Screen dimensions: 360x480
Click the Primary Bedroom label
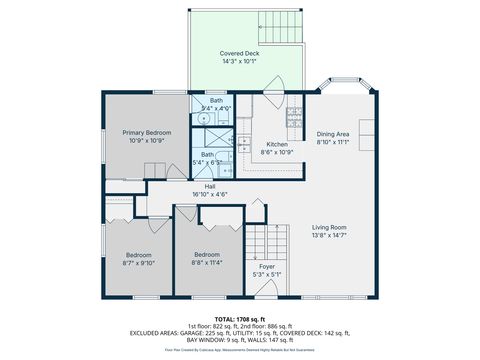coord(147,132)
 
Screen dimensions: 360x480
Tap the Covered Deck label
coord(239,53)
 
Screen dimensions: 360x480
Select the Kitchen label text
coord(276,144)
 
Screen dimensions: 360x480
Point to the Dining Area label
coord(332,134)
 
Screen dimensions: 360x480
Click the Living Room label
coord(329,226)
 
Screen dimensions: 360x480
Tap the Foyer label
coord(266,267)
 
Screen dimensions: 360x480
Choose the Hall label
coord(210,186)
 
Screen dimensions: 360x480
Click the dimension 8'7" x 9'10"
coord(139,263)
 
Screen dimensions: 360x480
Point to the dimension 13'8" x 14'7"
coord(329,235)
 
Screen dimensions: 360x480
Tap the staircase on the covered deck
coord(283,24)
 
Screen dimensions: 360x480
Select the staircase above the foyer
coord(260,240)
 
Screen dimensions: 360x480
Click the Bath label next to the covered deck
coord(216,101)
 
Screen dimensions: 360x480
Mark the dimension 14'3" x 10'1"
coord(239,61)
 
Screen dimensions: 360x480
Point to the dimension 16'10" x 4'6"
coord(210,194)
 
